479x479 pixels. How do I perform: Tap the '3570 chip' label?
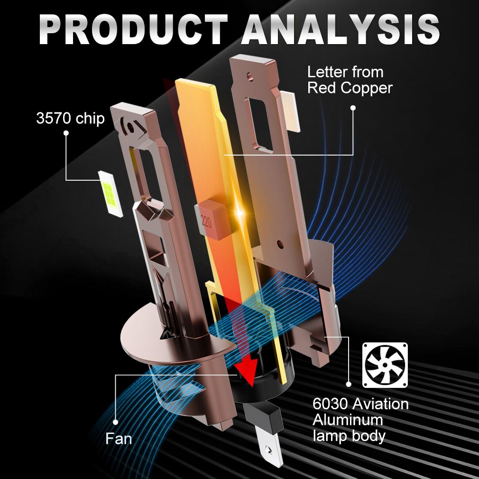70,118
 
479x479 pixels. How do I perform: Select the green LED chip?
111,193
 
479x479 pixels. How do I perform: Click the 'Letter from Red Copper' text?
350,80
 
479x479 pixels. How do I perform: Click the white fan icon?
385,365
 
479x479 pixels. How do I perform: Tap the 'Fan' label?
119,439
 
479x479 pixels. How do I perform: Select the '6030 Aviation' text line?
360,404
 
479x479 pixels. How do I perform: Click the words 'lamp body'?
349,436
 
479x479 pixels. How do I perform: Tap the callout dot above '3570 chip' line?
66,133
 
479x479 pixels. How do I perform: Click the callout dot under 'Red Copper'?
353,108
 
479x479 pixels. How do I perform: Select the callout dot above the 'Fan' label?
115,422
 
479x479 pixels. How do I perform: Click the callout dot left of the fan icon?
349,384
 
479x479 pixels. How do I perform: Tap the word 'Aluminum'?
348,420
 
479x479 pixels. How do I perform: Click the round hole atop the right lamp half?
249,75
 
